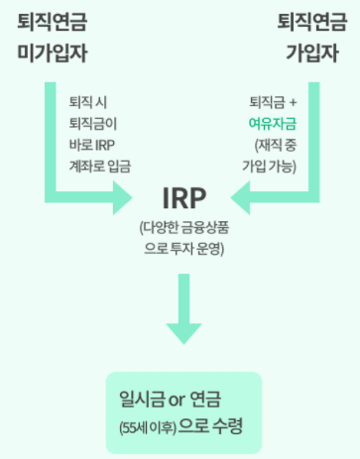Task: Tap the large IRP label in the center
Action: click(180, 195)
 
